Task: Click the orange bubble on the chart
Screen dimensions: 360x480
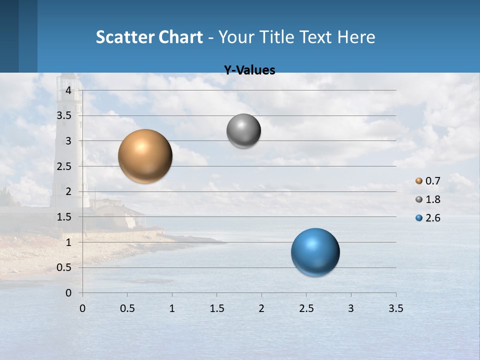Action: pos(145,156)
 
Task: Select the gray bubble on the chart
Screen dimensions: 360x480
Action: pos(243,131)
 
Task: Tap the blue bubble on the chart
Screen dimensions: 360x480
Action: pos(315,252)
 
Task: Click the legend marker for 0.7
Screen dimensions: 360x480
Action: pos(419,181)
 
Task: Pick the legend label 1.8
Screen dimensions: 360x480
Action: pos(432,199)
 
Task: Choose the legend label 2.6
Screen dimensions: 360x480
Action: pos(432,218)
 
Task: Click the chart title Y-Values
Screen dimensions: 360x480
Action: pos(249,70)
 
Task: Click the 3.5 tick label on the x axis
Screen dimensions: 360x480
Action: pos(395,308)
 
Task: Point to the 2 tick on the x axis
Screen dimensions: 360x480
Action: pos(261,308)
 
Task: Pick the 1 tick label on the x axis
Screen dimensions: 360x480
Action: pos(172,308)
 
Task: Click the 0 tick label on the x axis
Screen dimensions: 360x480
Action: pos(82,308)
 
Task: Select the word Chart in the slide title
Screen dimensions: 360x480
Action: pos(180,37)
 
